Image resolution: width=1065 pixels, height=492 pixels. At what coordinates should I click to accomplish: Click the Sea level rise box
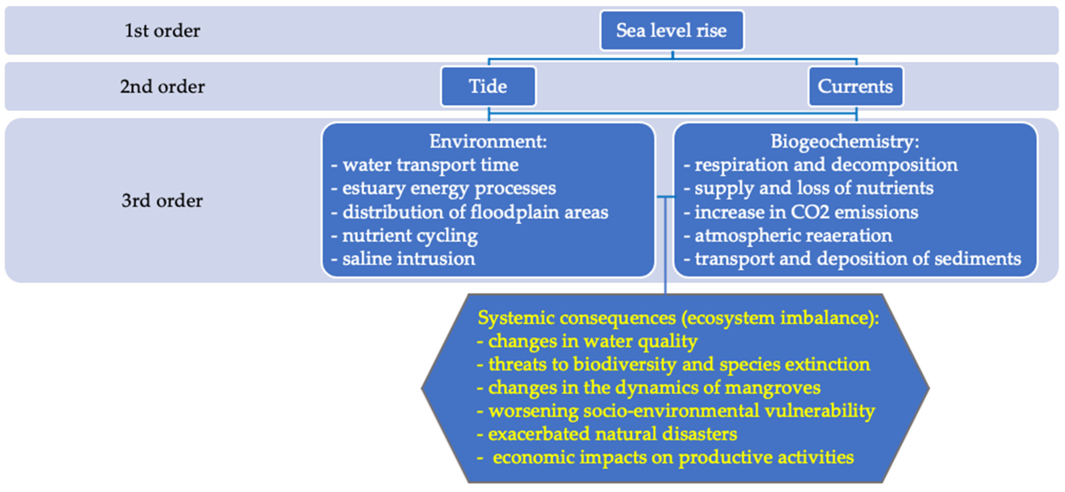pyautogui.click(x=671, y=31)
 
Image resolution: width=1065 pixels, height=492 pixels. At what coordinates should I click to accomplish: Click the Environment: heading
pyautogui.click(x=488, y=141)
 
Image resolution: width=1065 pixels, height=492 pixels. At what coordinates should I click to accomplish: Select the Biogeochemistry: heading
pyautogui.click(x=844, y=141)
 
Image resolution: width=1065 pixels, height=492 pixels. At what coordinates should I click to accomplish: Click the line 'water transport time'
pyautogui.click(x=430, y=165)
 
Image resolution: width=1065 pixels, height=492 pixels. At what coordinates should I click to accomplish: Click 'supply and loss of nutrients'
pyautogui.click(x=814, y=188)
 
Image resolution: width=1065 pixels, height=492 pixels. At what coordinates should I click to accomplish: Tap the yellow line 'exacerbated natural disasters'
pyautogui.click(x=612, y=434)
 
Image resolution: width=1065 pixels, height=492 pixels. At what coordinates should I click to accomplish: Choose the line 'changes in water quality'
pyautogui.click(x=592, y=342)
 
